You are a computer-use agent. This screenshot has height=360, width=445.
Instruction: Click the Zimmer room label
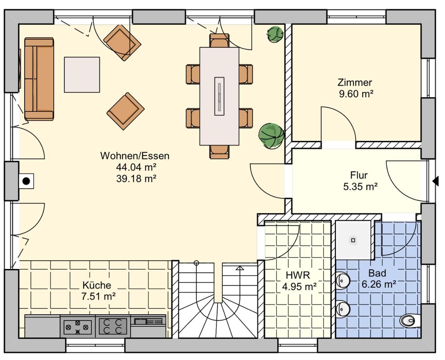355,83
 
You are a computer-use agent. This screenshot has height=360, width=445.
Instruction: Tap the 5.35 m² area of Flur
360,187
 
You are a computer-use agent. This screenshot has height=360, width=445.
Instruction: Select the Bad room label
377,273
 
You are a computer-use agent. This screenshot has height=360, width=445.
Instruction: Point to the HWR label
298,275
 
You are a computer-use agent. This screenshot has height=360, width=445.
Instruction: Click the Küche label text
97,285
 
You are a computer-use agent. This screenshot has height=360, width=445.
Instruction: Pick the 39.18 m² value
136,179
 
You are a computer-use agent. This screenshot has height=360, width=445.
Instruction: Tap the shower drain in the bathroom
353,240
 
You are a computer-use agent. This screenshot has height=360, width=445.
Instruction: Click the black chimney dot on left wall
26,181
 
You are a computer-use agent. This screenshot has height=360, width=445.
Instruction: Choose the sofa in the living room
39,79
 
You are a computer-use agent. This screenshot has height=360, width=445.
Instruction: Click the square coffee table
82,74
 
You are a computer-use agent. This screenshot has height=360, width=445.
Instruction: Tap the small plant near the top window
275,34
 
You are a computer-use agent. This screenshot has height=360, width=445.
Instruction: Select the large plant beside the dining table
271,136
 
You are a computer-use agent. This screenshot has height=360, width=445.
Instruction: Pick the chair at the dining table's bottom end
219,152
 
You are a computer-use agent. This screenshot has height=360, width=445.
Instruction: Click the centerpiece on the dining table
219,96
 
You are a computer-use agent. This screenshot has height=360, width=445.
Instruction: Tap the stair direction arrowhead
240,268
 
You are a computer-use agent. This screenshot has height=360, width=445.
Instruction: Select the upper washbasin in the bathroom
342,281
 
